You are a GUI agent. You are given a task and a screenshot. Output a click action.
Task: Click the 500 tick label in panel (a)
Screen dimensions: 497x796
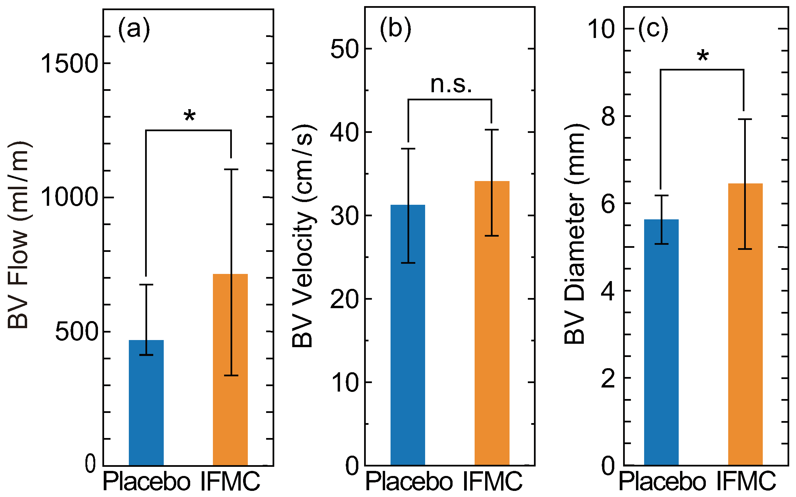[x=77, y=332]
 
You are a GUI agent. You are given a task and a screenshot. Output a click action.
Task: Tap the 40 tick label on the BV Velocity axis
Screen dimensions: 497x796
[x=344, y=132]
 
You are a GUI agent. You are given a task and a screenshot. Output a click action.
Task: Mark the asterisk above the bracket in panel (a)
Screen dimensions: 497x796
[x=190, y=116]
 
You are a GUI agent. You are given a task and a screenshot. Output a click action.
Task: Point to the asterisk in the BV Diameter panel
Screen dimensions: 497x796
[x=703, y=56]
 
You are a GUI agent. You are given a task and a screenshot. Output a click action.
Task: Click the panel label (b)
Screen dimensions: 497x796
[x=396, y=28]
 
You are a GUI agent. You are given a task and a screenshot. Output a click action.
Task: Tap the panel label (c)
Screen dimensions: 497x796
[x=653, y=28]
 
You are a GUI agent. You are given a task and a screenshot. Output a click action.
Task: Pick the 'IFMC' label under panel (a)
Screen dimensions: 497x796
[x=230, y=481]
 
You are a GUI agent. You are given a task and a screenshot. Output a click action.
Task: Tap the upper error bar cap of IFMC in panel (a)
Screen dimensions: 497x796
[x=231, y=169]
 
